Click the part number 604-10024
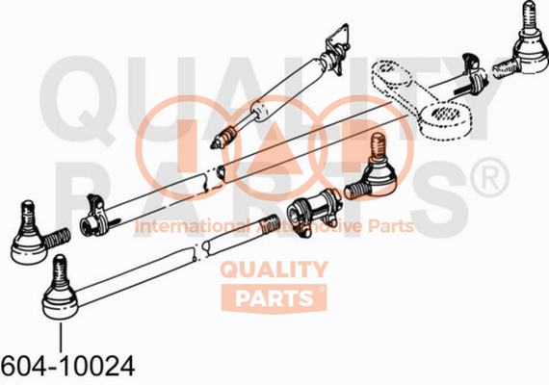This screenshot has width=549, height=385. (x=67, y=366)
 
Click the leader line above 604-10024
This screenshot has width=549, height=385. (x=61, y=337)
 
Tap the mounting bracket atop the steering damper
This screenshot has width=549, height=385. (x=338, y=48)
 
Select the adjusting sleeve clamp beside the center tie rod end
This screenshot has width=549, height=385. (x=313, y=210)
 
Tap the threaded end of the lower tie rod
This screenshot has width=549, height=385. (x=269, y=224)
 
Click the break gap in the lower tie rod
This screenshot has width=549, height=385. (x=198, y=250)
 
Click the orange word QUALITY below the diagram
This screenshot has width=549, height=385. (x=274, y=269)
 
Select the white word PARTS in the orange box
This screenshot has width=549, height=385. (x=274, y=298)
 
